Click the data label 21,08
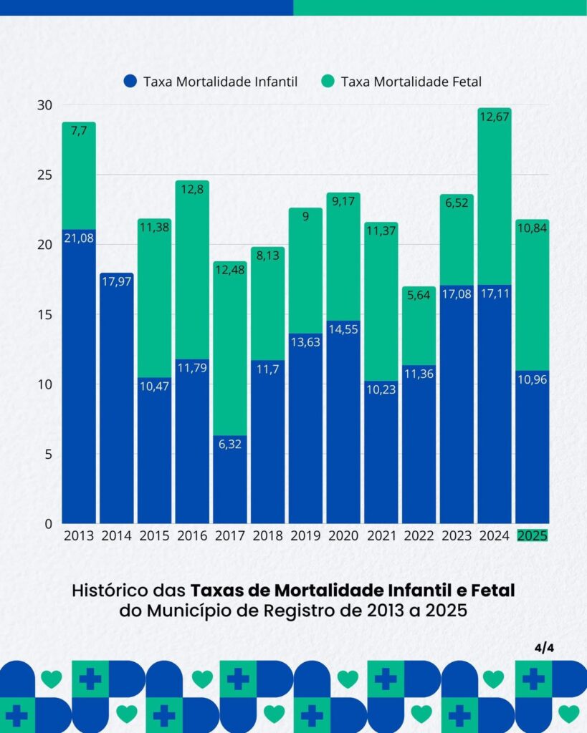pyautogui.click(x=79, y=238)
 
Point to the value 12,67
pyautogui.click(x=495, y=117)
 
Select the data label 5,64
pyautogui.click(x=419, y=296)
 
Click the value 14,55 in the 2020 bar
pyautogui.click(x=343, y=329)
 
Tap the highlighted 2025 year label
pyautogui.click(x=532, y=535)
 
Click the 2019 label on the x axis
pyautogui.click(x=305, y=535)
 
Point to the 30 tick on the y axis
pyautogui.click(x=46, y=105)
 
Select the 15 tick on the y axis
pyautogui.click(x=46, y=314)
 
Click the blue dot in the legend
pyautogui.click(x=130, y=82)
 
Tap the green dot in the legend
pyautogui.click(x=328, y=82)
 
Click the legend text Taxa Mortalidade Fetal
pyautogui.click(x=411, y=82)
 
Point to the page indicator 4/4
pyautogui.click(x=545, y=648)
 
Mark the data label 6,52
pyautogui.click(x=457, y=203)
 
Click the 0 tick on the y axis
pyautogui.click(x=49, y=524)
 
